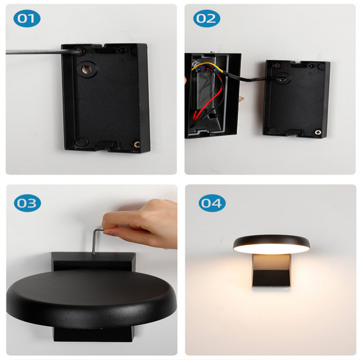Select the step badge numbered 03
tap(27, 203)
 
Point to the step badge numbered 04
tap(212, 203)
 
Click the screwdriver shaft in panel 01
tap(36, 52)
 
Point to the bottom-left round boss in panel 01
tap(81, 141)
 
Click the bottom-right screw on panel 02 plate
tap(318, 132)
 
